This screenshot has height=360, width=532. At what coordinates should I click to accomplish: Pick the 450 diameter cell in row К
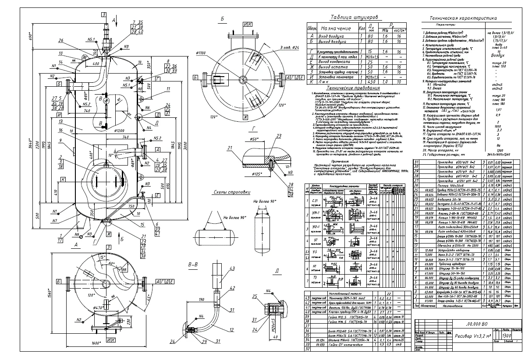click(x=371, y=81)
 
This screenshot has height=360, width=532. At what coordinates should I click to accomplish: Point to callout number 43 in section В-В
click(x=232, y=269)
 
